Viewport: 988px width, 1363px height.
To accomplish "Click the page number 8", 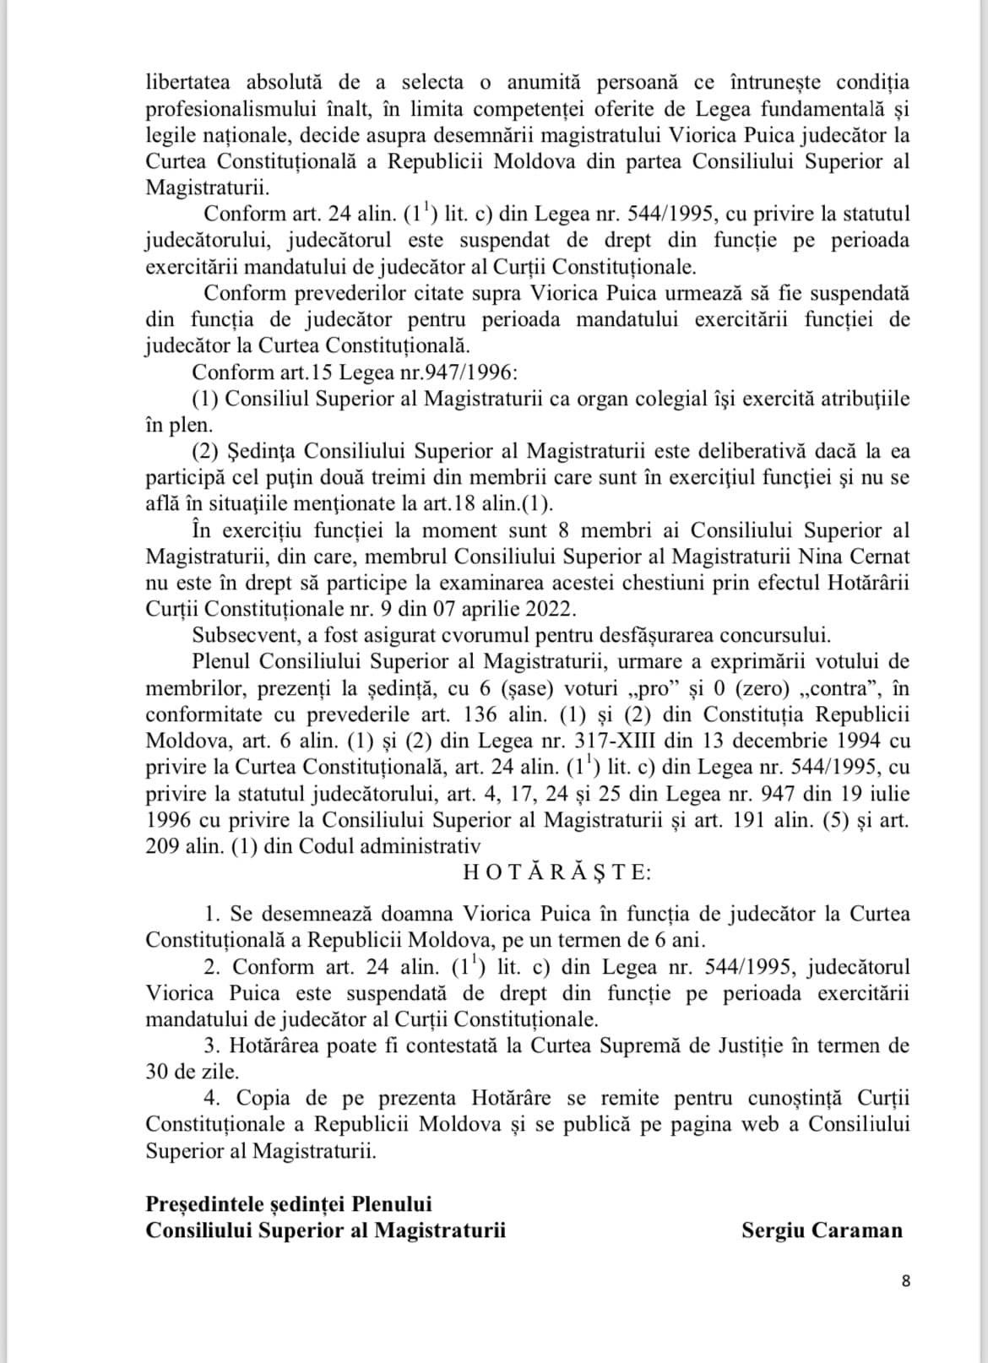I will tap(906, 1281).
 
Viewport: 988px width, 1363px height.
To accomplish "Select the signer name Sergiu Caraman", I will tap(822, 1230).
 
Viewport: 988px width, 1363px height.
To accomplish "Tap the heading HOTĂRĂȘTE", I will tap(557, 873).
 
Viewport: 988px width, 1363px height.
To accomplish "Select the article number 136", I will tap(485, 714).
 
